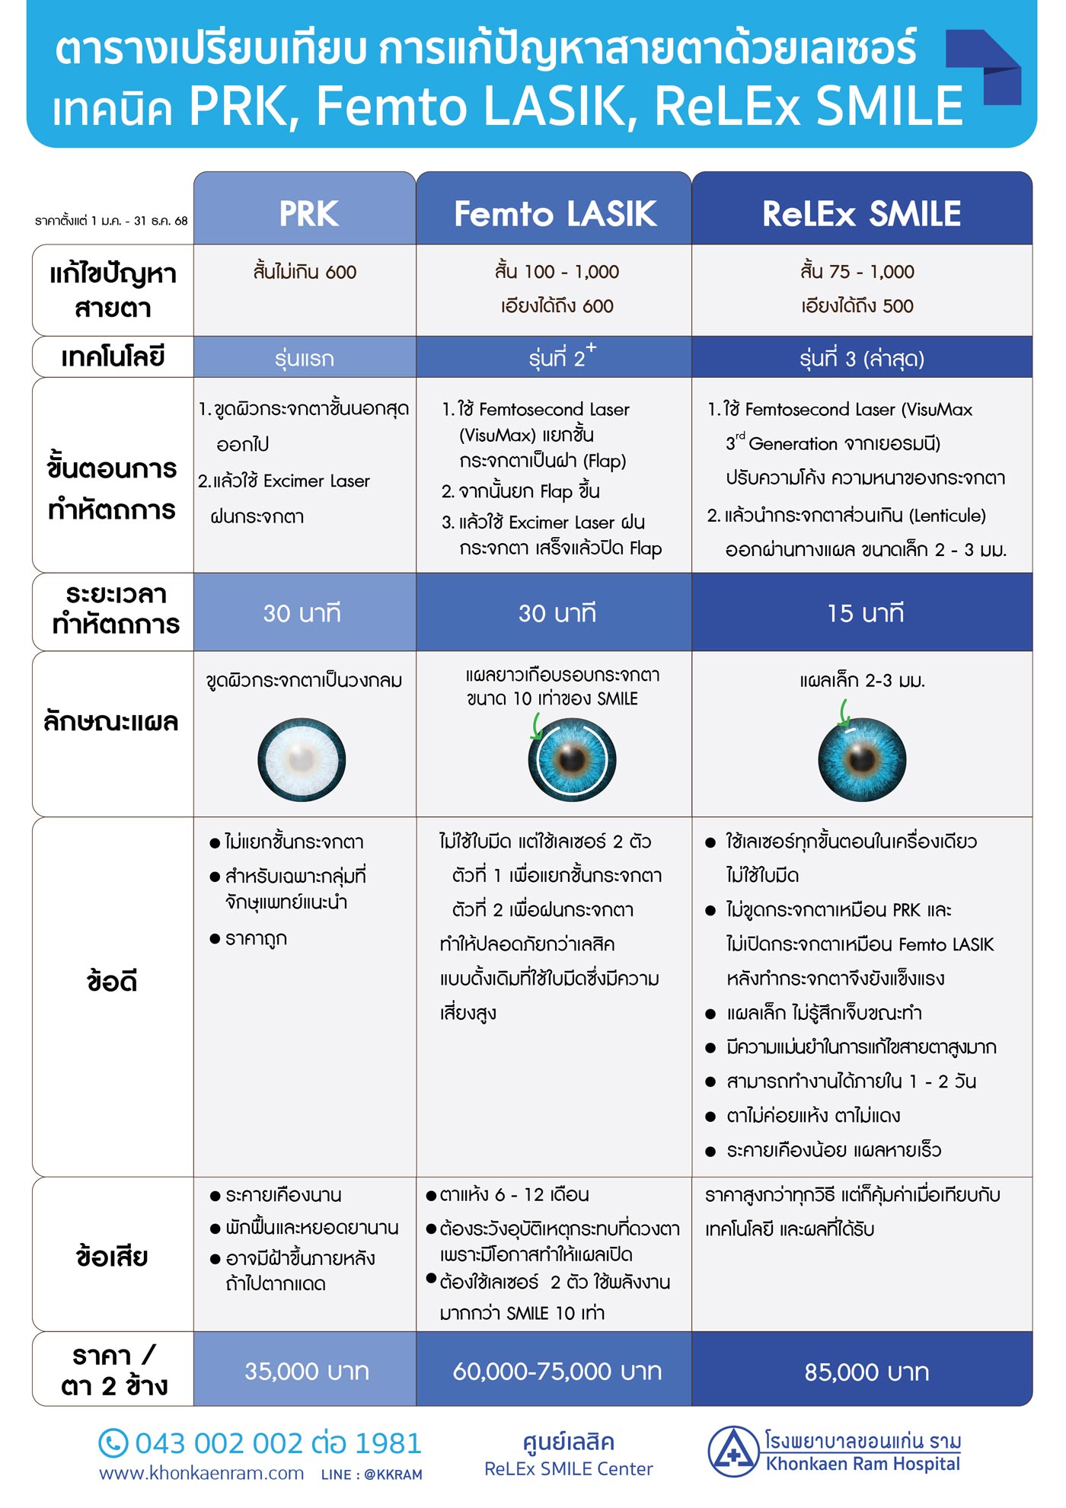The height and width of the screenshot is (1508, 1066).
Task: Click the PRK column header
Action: coord(308,212)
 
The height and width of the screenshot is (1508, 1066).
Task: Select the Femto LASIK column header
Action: coord(554,212)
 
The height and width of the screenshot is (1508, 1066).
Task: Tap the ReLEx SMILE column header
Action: coord(861,212)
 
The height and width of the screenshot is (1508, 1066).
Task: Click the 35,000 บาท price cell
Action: coord(306,1371)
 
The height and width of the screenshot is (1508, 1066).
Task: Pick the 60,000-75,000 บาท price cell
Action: coord(557,1371)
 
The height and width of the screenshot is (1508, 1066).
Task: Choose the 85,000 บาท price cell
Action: coord(866,1372)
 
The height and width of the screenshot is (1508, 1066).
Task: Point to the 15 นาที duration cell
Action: coord(865,612)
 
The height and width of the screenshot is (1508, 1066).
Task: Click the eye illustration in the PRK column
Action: coord(302,759)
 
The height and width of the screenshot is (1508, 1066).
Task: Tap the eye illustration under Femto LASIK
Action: coord(572,759)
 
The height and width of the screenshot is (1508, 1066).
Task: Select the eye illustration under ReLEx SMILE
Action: coord(862,759)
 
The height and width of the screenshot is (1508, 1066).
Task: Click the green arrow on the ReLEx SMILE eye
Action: coord(844,714)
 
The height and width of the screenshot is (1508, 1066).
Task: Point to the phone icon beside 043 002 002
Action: coord(113,1443)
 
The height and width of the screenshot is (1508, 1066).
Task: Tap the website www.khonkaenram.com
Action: coord(201,1474)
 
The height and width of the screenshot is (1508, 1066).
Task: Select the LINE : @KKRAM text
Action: coord(372,1474)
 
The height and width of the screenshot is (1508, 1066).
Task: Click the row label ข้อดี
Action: coord(112,982)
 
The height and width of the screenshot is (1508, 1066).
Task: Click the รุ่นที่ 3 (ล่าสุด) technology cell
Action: coord(861,358)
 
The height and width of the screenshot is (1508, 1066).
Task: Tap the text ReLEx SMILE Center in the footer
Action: coord(568,1468)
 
